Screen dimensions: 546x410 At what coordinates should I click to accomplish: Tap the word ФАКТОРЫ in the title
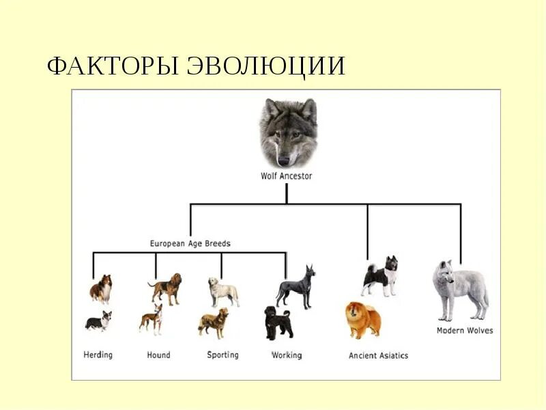113,66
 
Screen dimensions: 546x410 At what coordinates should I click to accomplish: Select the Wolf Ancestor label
287,176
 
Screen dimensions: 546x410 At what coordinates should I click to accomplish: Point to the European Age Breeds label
190,243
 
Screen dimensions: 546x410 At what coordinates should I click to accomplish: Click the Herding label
98,355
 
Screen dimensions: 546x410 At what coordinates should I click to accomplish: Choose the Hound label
158,355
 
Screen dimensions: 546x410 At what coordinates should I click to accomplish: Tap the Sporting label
223,355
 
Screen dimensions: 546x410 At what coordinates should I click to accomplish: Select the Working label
287,355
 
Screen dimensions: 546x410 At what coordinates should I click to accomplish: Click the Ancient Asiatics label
378,355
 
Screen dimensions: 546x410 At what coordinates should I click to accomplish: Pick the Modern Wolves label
465,331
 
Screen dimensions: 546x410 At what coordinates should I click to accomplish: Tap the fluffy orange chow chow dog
362,320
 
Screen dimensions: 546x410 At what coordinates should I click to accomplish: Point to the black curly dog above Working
278,323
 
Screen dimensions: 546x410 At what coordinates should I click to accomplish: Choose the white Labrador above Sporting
223,292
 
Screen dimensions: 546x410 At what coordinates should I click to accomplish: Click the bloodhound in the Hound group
166,288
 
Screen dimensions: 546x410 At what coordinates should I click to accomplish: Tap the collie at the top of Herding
101,288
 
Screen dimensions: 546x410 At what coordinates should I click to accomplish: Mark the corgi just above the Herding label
98,321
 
